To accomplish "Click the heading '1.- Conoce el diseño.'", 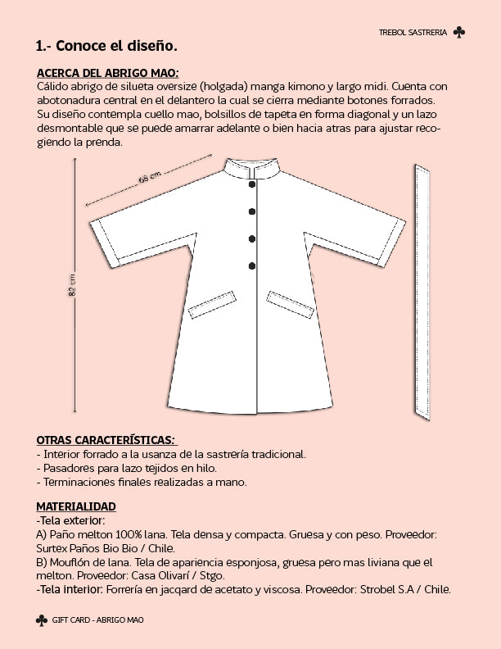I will (106, 45).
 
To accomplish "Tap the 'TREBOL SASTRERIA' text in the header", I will (413, 33).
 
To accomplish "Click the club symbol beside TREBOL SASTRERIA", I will (459, 32).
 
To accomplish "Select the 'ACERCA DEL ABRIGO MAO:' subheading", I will (108, 72).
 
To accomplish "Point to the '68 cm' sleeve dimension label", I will (149, 178).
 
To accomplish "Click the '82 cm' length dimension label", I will (72, 286).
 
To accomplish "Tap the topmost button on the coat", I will (252, 184).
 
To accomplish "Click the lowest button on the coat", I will (252, 265).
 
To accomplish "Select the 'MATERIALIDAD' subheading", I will (76, 506).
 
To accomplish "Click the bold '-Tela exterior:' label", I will (71, 520).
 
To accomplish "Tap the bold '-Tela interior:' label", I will (69, 589).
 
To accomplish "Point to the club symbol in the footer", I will (42, 620).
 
